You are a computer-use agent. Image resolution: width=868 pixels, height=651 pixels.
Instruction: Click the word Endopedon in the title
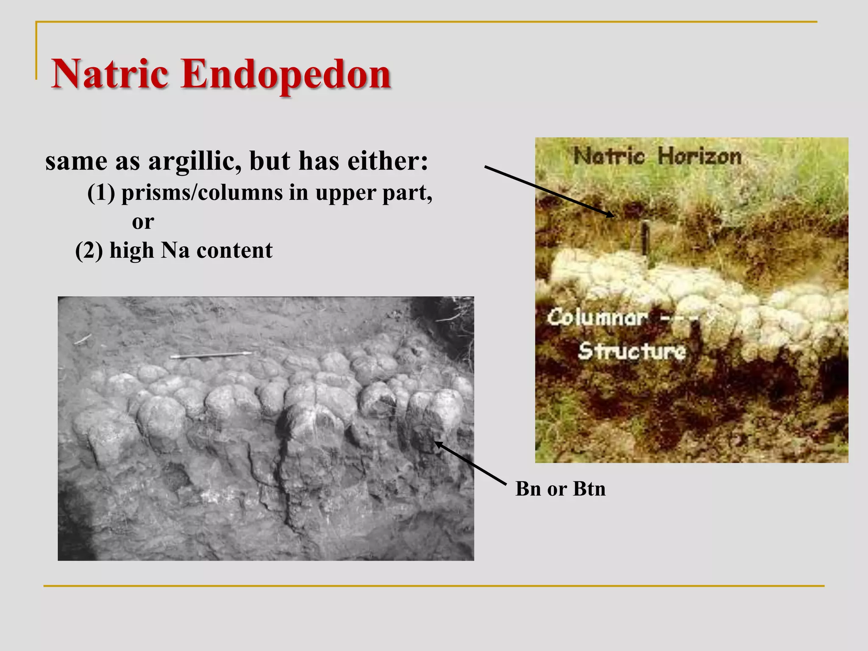click(x=286, y=74)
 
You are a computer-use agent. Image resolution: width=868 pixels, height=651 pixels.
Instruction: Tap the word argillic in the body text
click(x=195, y=162)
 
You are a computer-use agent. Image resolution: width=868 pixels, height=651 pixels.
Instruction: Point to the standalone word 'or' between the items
click(x=143, y=222)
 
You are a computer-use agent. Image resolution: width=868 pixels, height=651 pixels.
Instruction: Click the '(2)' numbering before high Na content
click(x=89, y=250)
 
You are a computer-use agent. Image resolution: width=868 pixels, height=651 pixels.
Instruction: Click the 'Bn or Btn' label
click(x=560, y=489)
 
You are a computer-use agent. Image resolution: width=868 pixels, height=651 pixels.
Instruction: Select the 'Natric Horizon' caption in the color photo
click(x=657, y=156)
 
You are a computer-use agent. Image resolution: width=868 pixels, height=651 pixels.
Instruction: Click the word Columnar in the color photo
click(x=597, y=317)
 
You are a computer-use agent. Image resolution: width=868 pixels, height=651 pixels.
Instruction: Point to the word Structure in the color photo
click(x=632, y=351)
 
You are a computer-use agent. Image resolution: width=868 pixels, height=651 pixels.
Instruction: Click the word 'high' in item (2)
click(x=131, y=250)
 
